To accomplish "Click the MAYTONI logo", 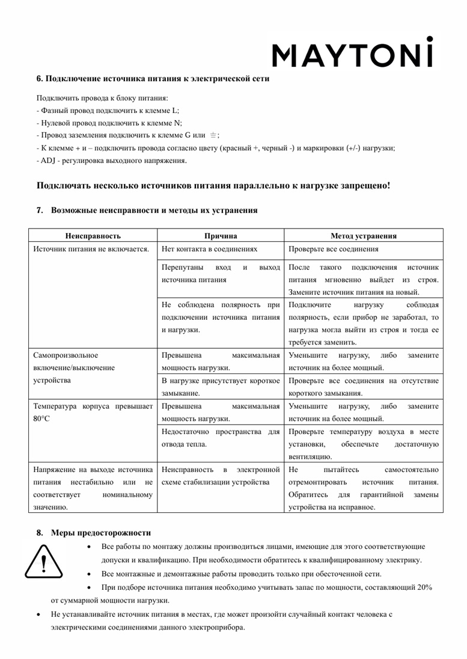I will click(x=353, y=53).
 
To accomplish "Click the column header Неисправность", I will click(x=93, y=235).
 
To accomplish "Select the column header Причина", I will click(x=221, y=235).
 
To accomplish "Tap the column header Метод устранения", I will click(x=363, y=235).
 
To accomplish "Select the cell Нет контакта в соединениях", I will click(x=210, y=250).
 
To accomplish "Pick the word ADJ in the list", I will click(x=47, y=161).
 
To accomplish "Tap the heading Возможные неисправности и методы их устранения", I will click(x=154, y=210).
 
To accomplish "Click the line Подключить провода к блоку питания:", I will click(x=102, y=97).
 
